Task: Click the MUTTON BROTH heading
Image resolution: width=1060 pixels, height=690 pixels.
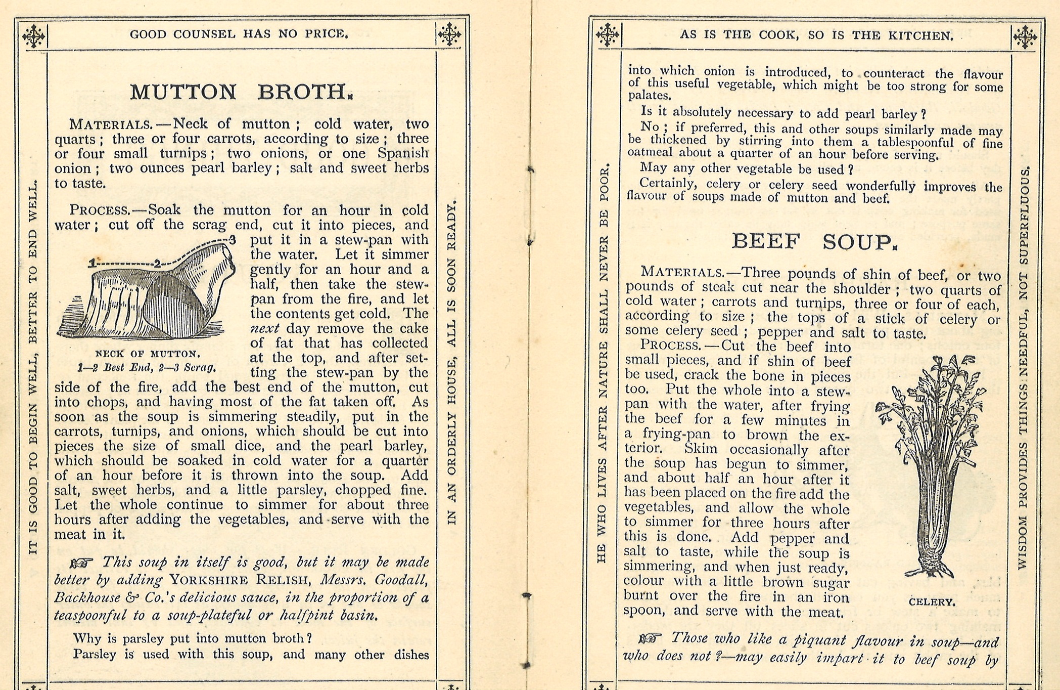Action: tap(241, 92)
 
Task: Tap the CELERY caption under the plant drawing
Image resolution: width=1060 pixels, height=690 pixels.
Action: tap(932, 602)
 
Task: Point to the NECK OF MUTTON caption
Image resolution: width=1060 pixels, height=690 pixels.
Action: tap(148, 354)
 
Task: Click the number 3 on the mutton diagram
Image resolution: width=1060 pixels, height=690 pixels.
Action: tap(233, 240)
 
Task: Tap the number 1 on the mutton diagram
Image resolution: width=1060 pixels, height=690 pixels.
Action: tap(91, 263)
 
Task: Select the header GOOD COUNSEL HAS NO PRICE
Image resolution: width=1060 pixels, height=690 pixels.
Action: tap(239, 34)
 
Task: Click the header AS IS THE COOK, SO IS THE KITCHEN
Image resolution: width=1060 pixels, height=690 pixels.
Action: tap(816, 35)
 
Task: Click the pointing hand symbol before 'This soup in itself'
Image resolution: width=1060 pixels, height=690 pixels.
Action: tap(82, 563)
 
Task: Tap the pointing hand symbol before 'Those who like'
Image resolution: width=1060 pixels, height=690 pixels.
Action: tap(650, 638)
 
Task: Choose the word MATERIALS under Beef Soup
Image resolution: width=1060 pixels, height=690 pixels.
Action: tap(682, 272)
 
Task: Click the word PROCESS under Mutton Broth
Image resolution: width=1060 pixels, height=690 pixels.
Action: tap(100, 210)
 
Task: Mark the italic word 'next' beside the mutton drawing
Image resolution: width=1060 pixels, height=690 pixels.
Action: tap(265, 328)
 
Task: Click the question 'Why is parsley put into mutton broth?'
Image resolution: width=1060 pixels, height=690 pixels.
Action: tap(193, 638)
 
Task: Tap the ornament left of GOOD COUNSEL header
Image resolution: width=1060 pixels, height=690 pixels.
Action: tap(33, 36)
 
